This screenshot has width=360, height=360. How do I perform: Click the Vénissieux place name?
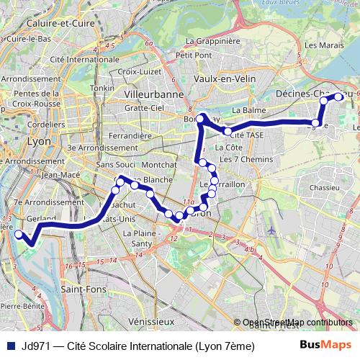tap(150, 320)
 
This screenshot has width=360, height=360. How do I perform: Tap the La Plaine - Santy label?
tap(140, 238)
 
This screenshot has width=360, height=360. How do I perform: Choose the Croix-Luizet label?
tap(137, 71)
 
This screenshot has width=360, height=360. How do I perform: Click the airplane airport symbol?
tap(271, 230)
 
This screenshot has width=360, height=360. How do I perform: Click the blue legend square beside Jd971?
tap(9, 346)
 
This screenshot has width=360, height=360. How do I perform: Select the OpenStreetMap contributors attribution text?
tap(297, 323)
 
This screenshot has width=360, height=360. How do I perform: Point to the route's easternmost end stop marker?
tap(338, 96)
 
